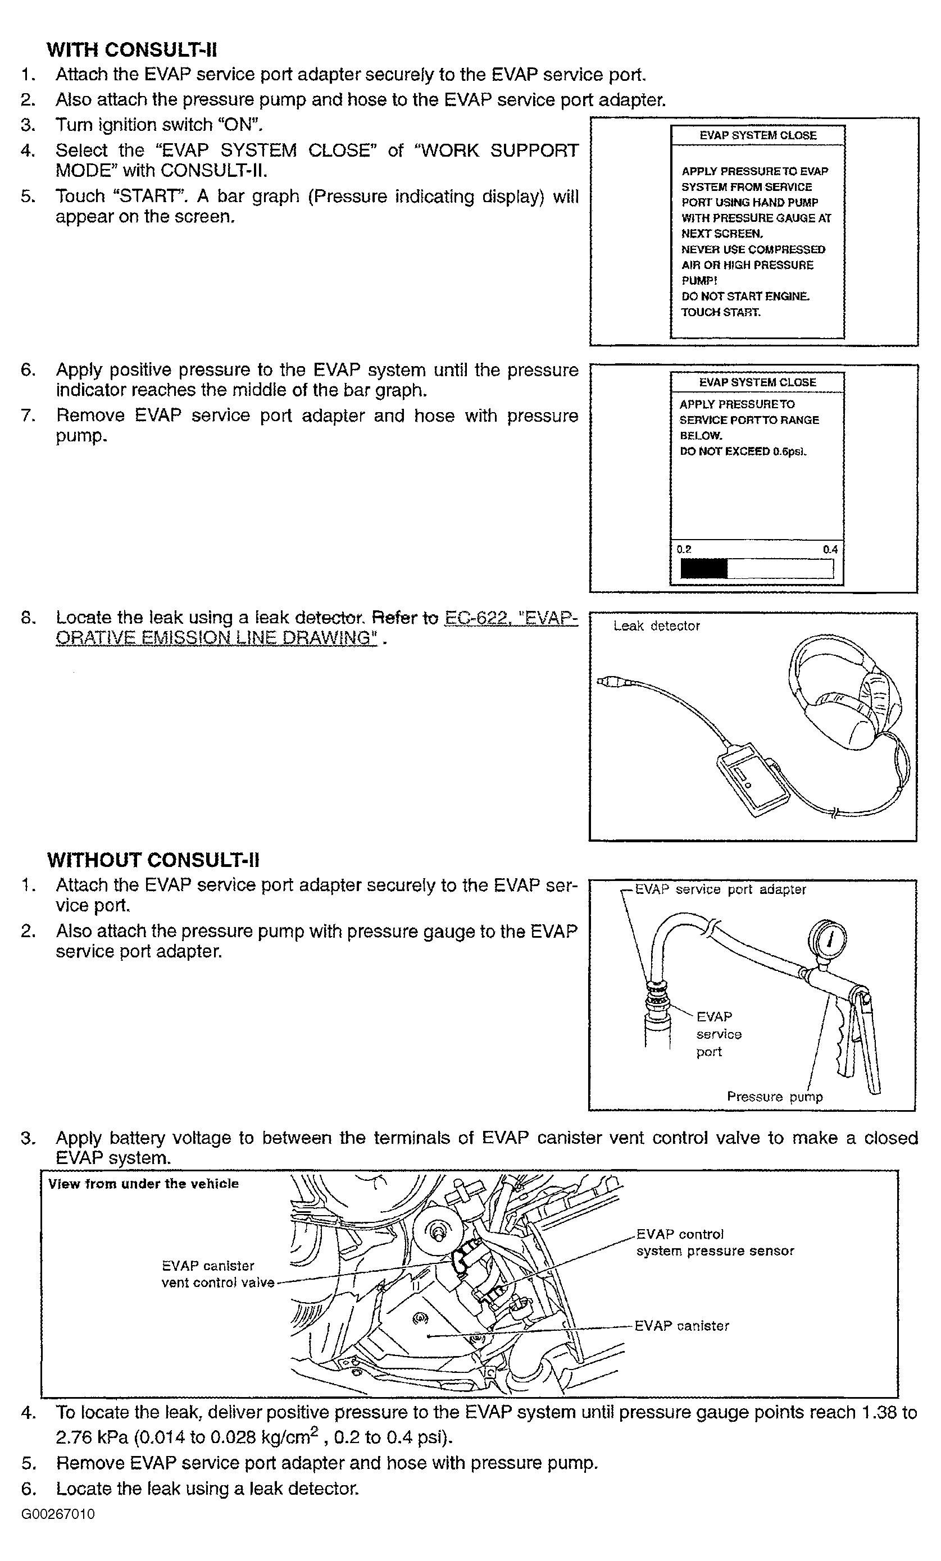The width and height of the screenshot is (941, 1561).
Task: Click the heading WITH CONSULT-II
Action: (132, 49)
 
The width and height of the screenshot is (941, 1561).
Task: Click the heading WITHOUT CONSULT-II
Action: (153, 860)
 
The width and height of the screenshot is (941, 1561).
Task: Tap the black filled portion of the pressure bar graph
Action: (703, 568)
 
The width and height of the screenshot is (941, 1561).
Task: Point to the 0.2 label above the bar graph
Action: (684, 549)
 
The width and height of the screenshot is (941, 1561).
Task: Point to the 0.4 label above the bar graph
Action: (829, 549)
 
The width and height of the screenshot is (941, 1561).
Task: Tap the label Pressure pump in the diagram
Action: (774, 1096)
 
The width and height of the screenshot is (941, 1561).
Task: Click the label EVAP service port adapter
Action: (720, 889)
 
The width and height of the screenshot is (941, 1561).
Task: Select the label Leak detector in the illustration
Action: (657, 626)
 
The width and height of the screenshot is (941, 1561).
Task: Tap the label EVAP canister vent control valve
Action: (217, 1274)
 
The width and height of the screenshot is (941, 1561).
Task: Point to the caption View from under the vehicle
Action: (143, 1184)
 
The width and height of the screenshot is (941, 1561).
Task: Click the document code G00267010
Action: (58, 1514)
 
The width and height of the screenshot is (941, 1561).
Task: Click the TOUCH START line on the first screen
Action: (720, 312)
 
